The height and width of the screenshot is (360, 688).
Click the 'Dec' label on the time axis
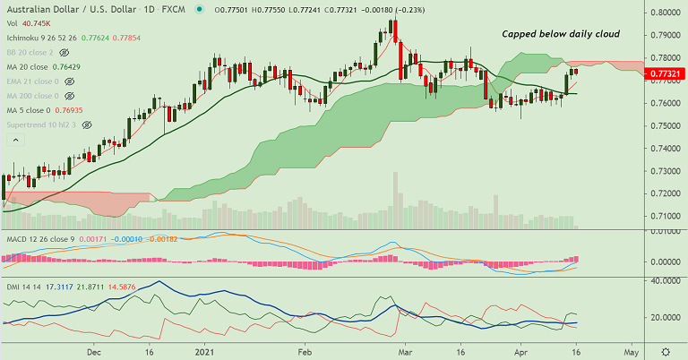(94, 352)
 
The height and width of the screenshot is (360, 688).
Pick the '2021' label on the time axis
(205, 352)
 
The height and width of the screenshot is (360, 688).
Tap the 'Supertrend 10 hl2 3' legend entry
(42, 124)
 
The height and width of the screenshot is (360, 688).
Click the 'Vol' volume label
(12, 22)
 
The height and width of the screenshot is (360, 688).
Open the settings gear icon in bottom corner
(665, 351)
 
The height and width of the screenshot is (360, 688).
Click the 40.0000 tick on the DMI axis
(666, 280)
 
